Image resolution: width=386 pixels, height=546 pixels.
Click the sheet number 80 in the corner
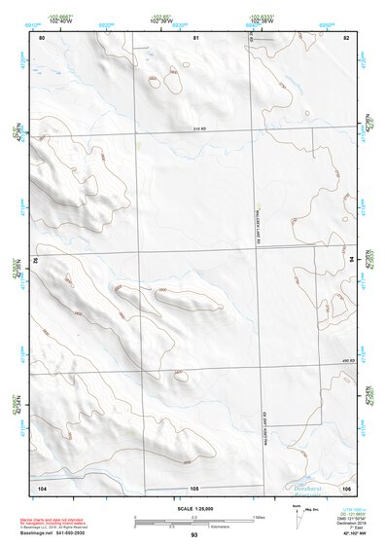(x=42, y=37)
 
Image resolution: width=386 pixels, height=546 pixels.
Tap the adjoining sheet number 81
(x=195, y=37)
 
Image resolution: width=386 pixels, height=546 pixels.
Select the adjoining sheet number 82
(x=345, y=37)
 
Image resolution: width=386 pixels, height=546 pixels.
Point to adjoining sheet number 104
(x=42, y=487)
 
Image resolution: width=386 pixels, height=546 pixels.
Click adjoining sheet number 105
(x=194, y=487)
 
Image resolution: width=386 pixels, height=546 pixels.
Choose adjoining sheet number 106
(x=345, y=487)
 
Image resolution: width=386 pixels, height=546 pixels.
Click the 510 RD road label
(x=202, y=128)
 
